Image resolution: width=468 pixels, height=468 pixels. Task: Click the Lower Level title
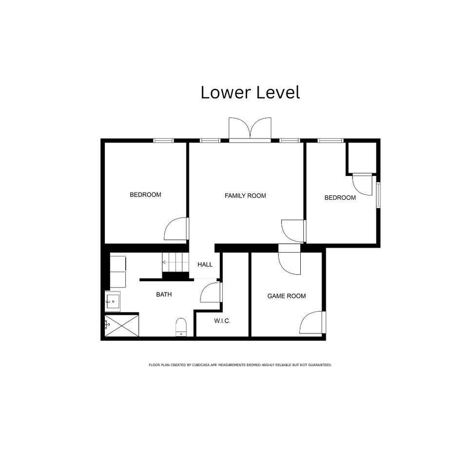point(250,92)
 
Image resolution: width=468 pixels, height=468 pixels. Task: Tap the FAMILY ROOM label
point(245,196)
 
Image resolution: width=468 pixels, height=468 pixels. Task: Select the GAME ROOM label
point(287,296)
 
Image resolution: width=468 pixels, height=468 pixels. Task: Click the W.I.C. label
point(222,321)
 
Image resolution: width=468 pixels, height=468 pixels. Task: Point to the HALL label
point(205,264)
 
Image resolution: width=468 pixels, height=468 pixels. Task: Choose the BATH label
point(164,294)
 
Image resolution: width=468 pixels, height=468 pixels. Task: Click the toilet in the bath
point(181,327)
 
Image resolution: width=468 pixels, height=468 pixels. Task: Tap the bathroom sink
point(113,301)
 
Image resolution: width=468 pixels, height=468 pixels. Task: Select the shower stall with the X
point(122,326)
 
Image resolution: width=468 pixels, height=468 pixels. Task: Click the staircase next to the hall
point(175,262)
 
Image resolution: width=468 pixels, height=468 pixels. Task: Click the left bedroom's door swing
point(176,229)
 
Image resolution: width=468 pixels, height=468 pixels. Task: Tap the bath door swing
point(211,292)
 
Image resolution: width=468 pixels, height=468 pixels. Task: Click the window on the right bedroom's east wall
point(378,195)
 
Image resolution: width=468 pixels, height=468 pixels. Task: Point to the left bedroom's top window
point(164,140)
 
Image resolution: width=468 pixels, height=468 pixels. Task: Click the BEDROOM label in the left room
point(145,195)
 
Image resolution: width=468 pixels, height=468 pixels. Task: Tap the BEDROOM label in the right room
point(340,197)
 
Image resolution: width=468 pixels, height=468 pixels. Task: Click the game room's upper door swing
point(289,260)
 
